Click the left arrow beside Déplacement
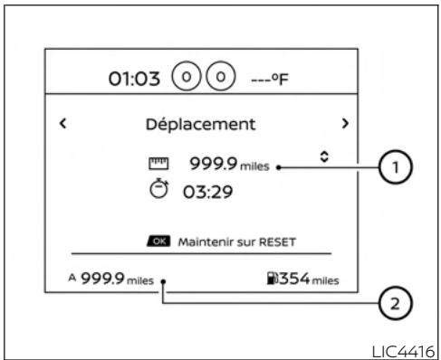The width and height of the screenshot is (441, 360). click(x=62, y=121)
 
